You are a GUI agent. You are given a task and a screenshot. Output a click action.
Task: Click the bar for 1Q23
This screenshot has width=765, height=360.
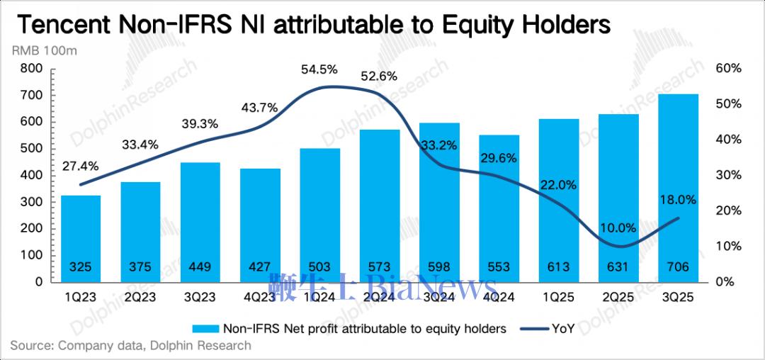click(x=80, y=238)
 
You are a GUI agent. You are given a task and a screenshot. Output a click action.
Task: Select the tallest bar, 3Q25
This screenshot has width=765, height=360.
click(x=679, y=188)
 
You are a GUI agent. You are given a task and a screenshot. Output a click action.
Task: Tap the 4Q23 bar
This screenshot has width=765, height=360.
click(x=259, y=225)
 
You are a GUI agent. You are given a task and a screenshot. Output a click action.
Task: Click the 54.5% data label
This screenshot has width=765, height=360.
click(x=319, y=69)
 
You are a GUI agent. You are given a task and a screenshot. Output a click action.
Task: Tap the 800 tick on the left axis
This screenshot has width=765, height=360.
click(x=33, y=69)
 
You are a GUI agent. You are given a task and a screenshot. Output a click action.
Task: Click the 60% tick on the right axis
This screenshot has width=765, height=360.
click(x=727, y=69)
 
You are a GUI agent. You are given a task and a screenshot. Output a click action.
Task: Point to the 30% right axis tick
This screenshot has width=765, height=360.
click(x=727, y=175)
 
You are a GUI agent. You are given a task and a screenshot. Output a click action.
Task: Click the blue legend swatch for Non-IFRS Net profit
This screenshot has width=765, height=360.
click(x=205, y=328)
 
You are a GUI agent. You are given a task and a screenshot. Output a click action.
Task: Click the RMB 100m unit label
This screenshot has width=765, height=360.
click(x=44, y=50)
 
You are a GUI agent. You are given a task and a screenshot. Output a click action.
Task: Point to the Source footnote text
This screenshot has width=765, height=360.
click(x=130, y=346)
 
